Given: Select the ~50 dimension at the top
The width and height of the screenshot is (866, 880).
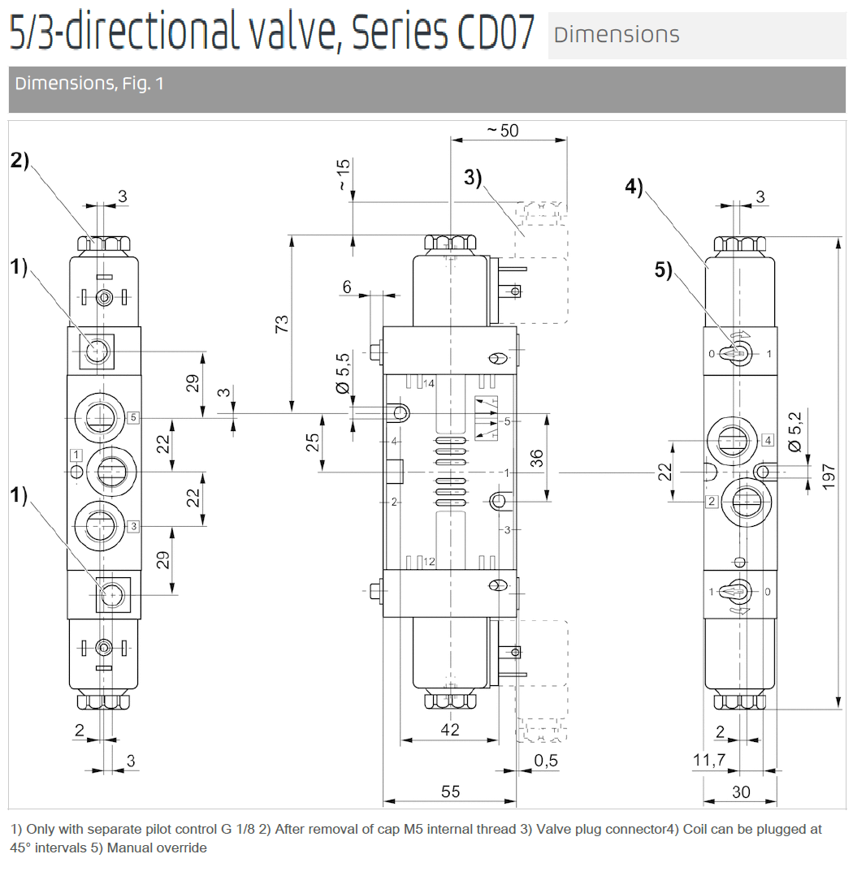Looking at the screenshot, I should (502, 131).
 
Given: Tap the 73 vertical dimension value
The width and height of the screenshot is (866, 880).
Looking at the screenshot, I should (281, 324).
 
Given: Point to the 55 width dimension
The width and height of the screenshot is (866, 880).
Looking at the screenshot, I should (450, 792).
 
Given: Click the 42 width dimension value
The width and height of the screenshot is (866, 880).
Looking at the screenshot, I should (449, 730).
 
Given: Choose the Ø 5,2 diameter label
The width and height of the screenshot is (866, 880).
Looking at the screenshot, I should (795, 431).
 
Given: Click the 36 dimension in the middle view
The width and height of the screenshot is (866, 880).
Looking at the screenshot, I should (536, 459).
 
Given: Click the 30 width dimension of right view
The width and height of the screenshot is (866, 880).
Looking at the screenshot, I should (741, 792).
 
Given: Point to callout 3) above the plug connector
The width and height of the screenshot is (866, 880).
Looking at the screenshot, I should (473, 177).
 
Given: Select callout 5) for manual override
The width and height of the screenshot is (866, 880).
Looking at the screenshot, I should (664, 270).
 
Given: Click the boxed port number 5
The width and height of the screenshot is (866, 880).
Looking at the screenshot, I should (134, 417).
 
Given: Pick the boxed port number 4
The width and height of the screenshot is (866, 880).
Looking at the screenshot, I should (767, 441).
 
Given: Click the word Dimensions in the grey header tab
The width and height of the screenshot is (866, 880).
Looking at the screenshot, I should (616, 34).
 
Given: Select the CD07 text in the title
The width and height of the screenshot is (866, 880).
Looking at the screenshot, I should (490, 32).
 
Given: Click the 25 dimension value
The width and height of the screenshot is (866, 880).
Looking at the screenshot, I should (312, 442).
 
